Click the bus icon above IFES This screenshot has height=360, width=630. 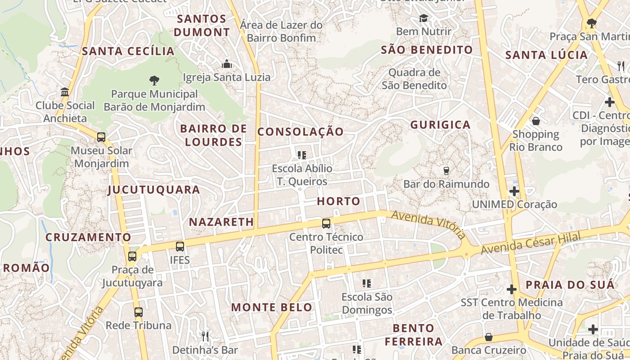pyautogui.click(x=180, y=246)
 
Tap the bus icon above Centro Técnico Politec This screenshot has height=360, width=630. pyautogui.click(x=326, y=223)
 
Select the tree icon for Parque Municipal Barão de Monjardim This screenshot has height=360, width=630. pyautogui.click(x=154, y=81)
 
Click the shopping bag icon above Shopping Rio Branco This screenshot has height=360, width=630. pyautogui.click(x=535, y=121)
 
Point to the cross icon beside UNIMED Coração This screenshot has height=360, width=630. pyautogui.click(x=514, y=191)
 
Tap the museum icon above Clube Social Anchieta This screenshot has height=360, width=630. pyautogui.click(x=65, y=92)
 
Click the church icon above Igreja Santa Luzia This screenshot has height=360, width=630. pyautogui.click(x=226, y=64)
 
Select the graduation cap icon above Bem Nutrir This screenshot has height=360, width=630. pyautogui.click(x=423, y=18)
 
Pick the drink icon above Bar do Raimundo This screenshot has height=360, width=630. pyautogui.click(x=446, y=171)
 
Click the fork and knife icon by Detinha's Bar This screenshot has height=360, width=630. pyautogui.click(x=205, y=336)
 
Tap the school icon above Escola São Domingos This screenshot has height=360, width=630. pyautogui.click(x=367, y=283)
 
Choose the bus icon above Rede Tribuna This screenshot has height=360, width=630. pyautogui.click(x=139, y=312)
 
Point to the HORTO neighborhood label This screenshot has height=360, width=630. pyautogui.click(x=339, y=201)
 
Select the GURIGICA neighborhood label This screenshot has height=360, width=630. pyautogui.click(x=441, y=125)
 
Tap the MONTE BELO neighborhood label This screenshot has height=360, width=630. pyautogui.click(x=272, y=307)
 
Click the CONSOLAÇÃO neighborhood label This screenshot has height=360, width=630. pyautogui.click(x=301, y=132)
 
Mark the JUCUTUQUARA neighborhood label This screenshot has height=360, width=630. pyautogui.click(x=154, y=189)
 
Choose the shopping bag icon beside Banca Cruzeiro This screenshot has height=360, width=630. pyautogui.click(x=488, y=337)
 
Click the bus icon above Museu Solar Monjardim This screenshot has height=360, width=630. pyautogui.click(x=101, y=137)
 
